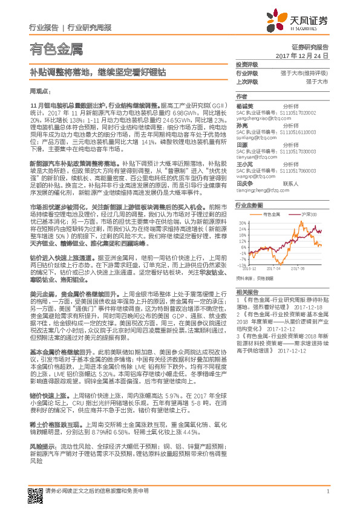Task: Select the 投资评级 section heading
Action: click(247, 63)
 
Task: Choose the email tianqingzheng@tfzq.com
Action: click(261, 190)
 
